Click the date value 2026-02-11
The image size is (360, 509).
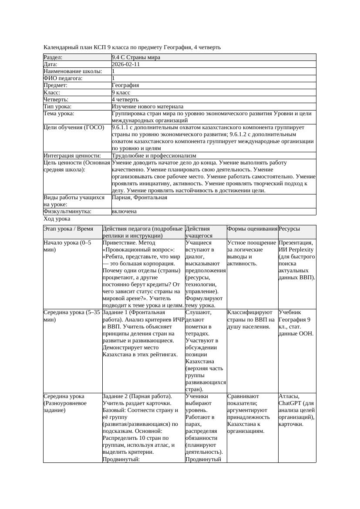[126, 64]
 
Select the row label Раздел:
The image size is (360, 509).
[53, 57]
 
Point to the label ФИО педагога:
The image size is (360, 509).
[63, 78]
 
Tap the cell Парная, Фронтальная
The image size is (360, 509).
[140, 198]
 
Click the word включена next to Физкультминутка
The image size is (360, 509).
[124, 211]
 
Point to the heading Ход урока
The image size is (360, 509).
[57, 219]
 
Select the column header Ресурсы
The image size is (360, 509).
[289, 229]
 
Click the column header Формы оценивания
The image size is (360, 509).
[252, 229]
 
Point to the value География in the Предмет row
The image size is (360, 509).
[125, 86]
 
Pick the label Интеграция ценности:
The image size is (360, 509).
[72, 156]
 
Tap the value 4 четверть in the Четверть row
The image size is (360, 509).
[125, 100]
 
